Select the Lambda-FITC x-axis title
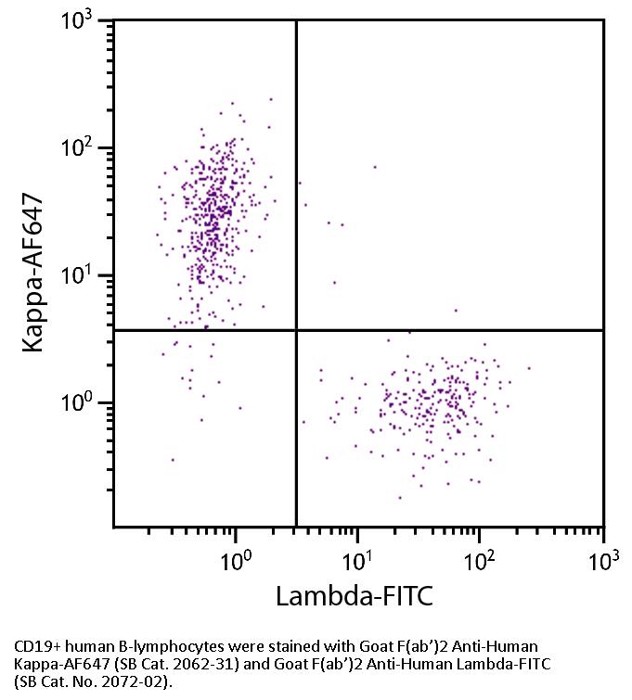coord(355,595)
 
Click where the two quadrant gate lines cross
coord(296,330)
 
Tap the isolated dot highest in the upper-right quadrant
coord(375,168)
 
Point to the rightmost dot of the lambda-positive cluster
coord(529,368)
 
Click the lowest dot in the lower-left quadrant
coord(172,460)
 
